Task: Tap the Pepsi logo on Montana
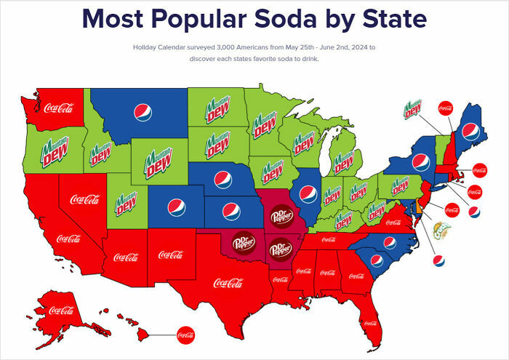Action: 144,111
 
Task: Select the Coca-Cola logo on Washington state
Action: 58,108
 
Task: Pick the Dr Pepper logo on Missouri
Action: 280,215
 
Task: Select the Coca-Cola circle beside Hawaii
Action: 187,337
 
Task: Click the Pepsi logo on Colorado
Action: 177,207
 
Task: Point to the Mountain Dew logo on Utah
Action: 127,202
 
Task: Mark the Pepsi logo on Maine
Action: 470,132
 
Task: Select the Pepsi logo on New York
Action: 420,163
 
